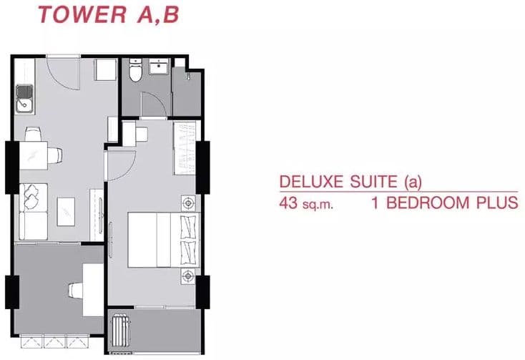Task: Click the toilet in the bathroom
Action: tap(136, 70)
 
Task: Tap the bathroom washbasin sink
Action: tap(160, 66)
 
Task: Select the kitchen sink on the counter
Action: tap(25, 99)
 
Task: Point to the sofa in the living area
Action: tap(33, 212)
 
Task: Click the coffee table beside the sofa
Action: tap(66, 212)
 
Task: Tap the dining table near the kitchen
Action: tap(33, 156)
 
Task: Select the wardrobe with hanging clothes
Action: tap(184, 148)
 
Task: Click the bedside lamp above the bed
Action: tap(189, 203)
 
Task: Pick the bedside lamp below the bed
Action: tap(189, 276)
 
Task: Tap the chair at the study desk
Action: tap(76, 290)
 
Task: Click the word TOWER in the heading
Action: tap(82, 15)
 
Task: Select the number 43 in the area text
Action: tap(288, 203)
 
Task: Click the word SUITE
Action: tap(373, 182)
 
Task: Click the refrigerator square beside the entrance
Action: tap(105, 70)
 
